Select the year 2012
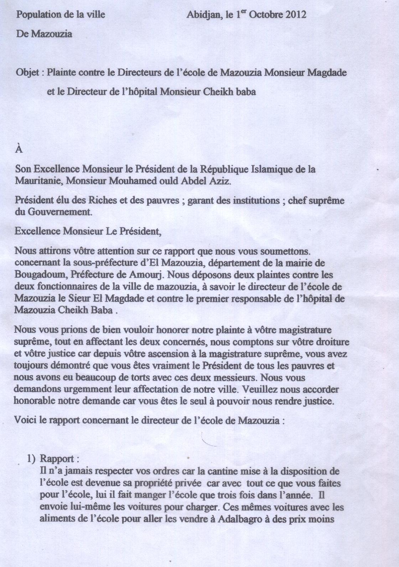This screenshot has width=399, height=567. tap(296, 15)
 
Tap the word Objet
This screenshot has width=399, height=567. tap(28, 73)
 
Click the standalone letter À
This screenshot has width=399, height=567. tap(19, 149)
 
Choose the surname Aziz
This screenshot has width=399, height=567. tap(221, 181)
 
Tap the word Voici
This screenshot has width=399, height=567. tap(25, 420)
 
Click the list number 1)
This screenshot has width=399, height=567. tap(32, 459)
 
